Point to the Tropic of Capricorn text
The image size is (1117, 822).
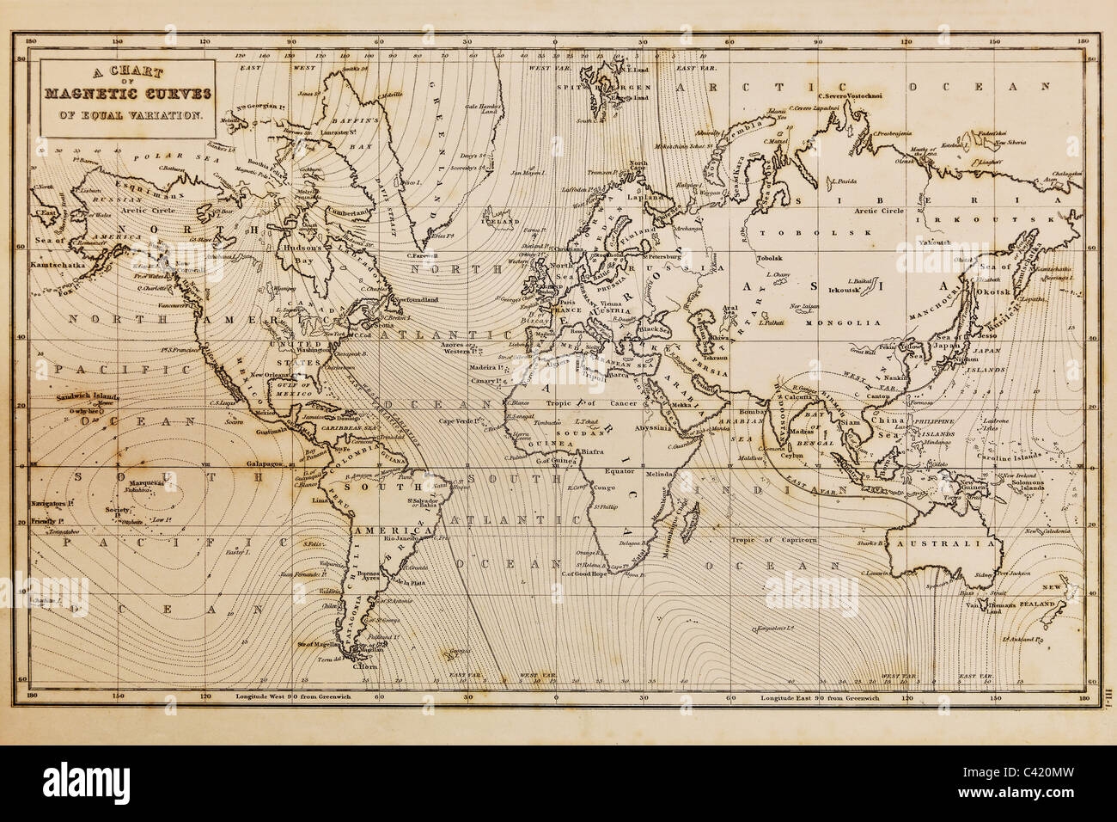774,540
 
